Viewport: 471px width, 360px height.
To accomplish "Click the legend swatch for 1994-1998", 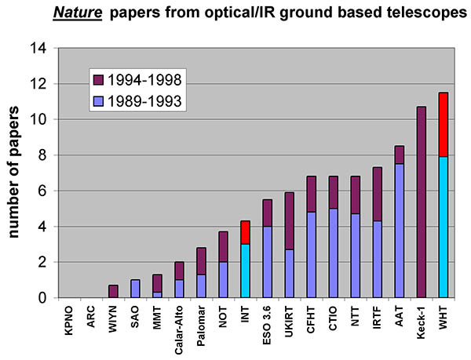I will click(x=98, y=79).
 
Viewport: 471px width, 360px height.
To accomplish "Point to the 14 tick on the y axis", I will click(x=45, y=49).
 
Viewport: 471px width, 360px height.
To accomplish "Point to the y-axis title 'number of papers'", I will click(x=15, y=173).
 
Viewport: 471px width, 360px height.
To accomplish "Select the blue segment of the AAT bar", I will click(x=400, y=231).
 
